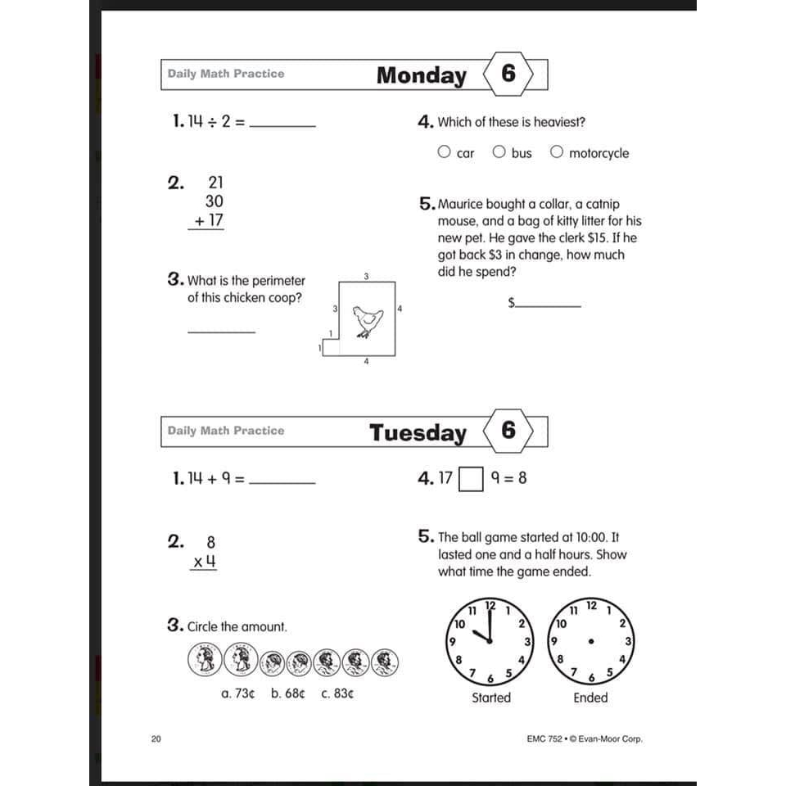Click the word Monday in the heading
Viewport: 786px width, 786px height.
click(421, 75)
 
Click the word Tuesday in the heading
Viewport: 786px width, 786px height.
click(418, 432)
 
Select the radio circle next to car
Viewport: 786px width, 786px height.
click(444, 151)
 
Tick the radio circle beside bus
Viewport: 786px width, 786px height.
click(499, 151)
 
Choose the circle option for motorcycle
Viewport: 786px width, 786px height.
click(557, 151)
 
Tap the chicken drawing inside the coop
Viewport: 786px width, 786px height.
click(367, 321)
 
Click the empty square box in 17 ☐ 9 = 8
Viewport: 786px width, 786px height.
click(471, 479)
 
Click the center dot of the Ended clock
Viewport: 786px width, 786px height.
click(590, 640)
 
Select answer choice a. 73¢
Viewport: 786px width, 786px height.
click(238, 693)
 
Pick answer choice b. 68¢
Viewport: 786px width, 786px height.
click(287, 693)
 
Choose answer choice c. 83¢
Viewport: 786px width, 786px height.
click(337, 693)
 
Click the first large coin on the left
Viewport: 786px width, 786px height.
click(205, 658)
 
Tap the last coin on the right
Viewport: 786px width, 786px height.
click(384, 662)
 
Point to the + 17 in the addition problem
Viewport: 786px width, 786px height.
click(206, 221)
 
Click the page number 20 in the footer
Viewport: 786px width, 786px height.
click(156, 739)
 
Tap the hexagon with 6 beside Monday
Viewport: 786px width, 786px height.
click(508, 75)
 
